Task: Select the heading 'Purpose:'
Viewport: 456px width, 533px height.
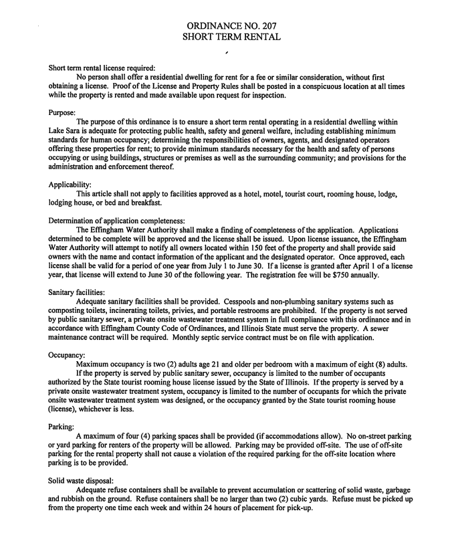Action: tap(62, 112)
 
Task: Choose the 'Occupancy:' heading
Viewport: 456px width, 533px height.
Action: tap(67, 354)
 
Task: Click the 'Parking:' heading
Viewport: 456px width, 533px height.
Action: tap(62, 426)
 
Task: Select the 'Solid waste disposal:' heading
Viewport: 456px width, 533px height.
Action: tap(82, 480)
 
